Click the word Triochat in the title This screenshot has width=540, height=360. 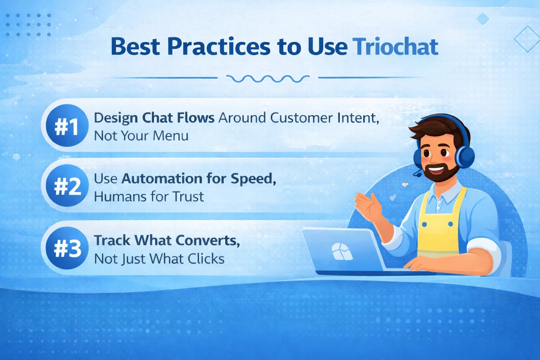[x=396, y=47]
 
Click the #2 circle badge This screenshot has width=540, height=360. [x=67, y=186]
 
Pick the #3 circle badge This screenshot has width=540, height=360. [x=67, y=249]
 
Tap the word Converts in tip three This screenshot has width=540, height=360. [x=208, y=240]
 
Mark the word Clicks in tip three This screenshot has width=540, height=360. [x=206, y=259]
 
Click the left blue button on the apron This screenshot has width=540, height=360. [x=424, y=224]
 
